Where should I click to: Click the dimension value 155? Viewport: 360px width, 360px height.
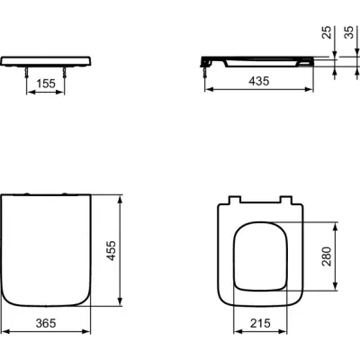[x=46, y=84]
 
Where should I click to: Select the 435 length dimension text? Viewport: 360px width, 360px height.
[x=259, y=81]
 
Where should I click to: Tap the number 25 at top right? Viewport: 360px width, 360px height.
[x=327, y=32]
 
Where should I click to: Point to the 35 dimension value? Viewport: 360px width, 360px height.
[x=349, y=32]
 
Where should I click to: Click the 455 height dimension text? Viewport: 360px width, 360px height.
[x=112, y=250]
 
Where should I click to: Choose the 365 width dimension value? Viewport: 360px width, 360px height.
[x=46, y=323]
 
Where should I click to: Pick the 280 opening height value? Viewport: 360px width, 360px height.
[x=327, y=256]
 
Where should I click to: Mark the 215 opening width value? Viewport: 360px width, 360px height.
[x=260, y=323]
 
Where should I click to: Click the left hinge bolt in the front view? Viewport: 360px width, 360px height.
[x=27, y=72]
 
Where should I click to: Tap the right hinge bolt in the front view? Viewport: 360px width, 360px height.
[x=64, y=72]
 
